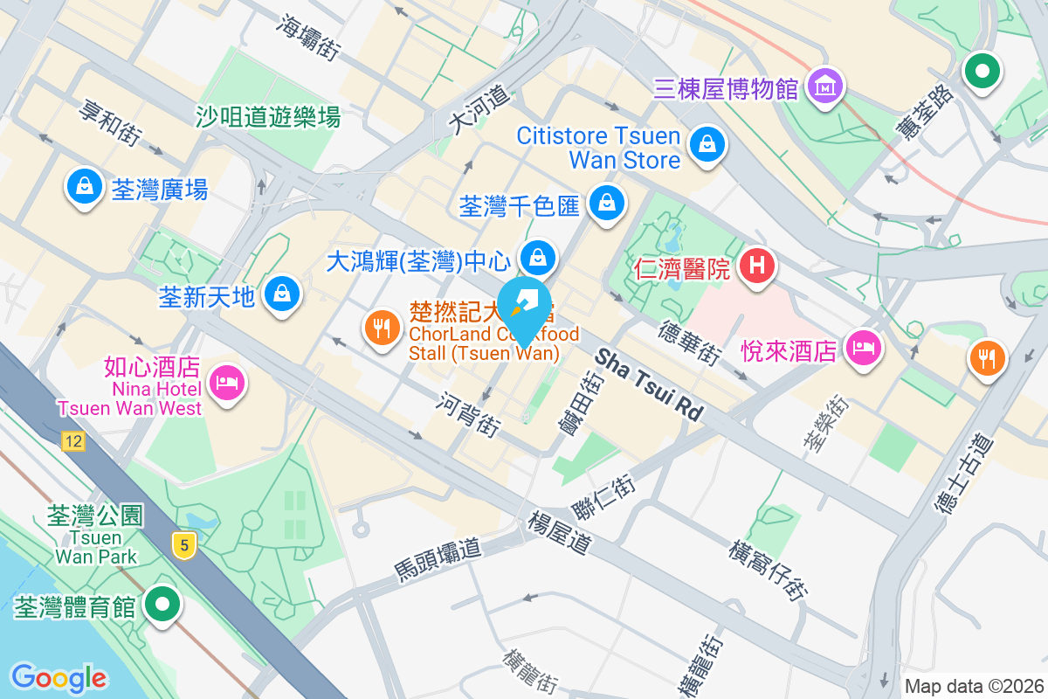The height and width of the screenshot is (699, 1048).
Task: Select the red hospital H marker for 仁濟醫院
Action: [x=757, y=265]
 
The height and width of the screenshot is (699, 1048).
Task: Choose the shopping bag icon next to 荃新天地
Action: [x=282, y=294]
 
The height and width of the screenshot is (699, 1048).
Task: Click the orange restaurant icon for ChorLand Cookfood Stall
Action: [x=381, y=329]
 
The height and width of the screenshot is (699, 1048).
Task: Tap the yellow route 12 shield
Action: [x=73, y=441]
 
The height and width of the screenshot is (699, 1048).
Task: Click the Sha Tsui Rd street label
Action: [x=650, y=384]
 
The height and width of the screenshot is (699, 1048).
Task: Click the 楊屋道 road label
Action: [x=560, y=533]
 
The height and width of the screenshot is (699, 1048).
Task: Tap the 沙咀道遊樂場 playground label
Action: [x=267, y=116]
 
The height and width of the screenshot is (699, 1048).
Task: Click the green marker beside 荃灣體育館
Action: [x=162, y=605]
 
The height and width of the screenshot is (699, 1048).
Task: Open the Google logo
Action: [x=59, y=677]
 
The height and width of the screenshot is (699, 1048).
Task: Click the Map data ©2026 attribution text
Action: [x=974, y=687]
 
